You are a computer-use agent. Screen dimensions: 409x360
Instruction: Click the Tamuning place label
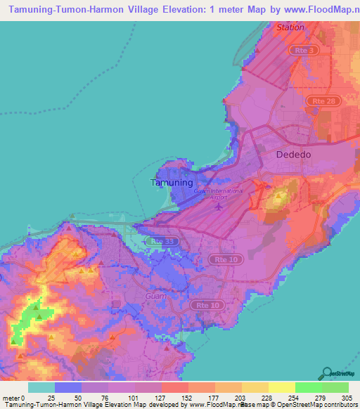[x=172, y=182]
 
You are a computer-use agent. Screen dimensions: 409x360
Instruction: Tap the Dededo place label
[x=293, y=154]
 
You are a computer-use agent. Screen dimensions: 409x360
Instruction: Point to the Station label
[x=290, y=27]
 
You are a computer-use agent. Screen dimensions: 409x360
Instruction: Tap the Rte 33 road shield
[x=164, y=241]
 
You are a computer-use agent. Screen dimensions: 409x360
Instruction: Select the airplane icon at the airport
[x=219, y=207]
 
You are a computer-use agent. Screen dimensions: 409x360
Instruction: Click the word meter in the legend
[x=9, y=398]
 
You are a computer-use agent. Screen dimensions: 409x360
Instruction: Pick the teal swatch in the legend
[x=41, y=387]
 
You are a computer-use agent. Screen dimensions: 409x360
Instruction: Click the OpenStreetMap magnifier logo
[x=326, y=372]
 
